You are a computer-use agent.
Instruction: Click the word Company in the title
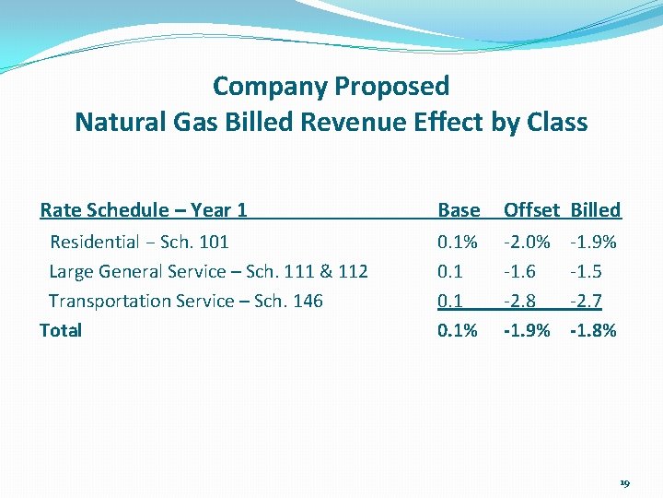click(270, 87)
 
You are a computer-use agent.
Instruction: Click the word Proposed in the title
click(392, 87)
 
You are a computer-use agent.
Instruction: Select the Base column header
click(459, 210)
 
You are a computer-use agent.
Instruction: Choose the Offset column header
click(530, 210)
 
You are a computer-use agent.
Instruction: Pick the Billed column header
click(596, 210)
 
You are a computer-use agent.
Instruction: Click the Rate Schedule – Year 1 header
click(144, 210)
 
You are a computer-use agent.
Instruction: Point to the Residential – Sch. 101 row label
click(139, 243)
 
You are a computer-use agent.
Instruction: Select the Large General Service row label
click(208, 271)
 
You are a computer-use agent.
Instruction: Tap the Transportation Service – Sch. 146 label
click(186, 301)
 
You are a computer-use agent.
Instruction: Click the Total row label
click(61, 330)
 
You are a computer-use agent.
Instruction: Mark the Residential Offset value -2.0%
click(527, 243)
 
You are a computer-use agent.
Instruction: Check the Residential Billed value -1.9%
click(594, 243)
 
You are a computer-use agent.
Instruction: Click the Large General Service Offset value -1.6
click(519, 271)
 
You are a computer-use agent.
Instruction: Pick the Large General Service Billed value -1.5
click(587, 271)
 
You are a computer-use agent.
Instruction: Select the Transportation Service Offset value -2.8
click(519, 301)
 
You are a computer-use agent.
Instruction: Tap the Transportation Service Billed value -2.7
click(587, 301)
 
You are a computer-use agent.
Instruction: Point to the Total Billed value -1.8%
click(594, 330)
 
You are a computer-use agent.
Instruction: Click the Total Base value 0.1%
click(458, 330)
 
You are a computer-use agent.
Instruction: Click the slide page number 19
click(624, 483)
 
